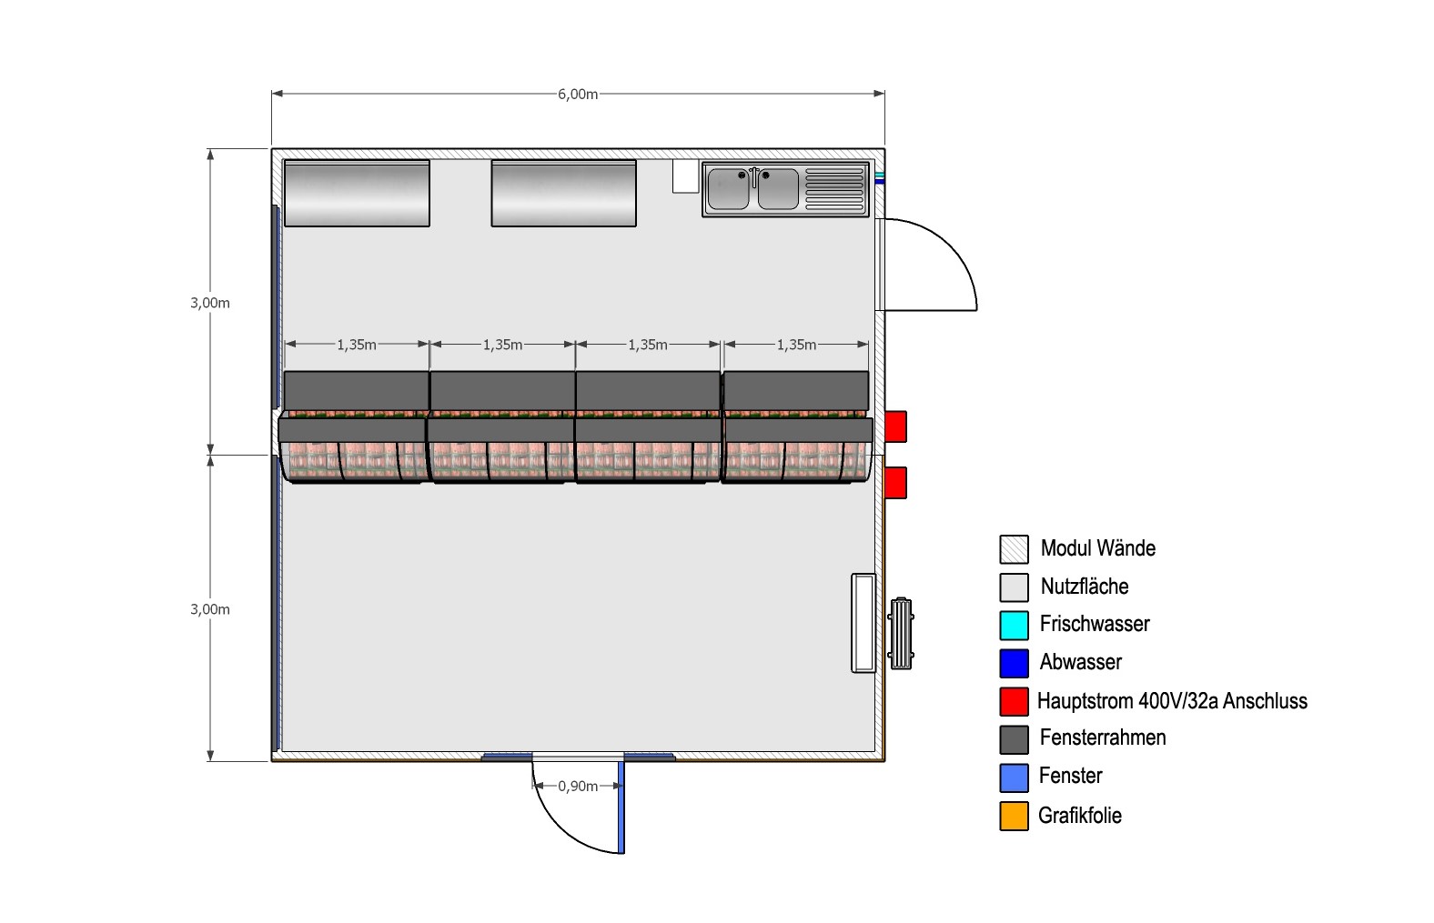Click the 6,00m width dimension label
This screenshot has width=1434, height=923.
pyautogui.click(x=578, y=95)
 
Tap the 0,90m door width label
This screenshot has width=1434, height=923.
pyautogui.click(x=578, y=786)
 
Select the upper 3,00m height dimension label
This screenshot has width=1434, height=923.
pyautogui.click(x=210, y=303)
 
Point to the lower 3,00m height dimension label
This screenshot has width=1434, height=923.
pyautogui.click(x=210, y=609)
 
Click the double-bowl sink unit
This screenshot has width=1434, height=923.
pyautogui.click(x=785, y=189)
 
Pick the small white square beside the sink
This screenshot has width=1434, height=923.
pyautogui.click(x=685, y=176)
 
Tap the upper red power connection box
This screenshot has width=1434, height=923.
pyautogui.click(x=895, y=426)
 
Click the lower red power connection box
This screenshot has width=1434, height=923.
pyautogui.click(x=895, y=483)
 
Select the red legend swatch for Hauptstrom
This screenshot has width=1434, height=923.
pyautogui.click(x=1014, y=701)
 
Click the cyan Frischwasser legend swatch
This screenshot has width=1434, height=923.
pyautogui.click(x=1014, y=626)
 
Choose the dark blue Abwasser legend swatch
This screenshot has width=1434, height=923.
pyautogui.click(x=1014, y=663)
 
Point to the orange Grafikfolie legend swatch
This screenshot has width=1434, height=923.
pyautogui.click(x=1014, y=817)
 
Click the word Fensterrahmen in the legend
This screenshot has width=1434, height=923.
pyautogui.click(x=1103, y=737)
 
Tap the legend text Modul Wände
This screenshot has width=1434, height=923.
pyautogui.click(x=1098, y=548)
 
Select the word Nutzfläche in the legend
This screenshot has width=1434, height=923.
pyautogui.click(x=1085, y=586)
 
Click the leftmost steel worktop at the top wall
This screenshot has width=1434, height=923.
pyautogui.click(x=357, y=193)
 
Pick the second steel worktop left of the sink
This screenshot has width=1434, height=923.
pyautogui.click(x=563, y=193)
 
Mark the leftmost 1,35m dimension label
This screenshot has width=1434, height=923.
pyautogui.click(x=357, y=346)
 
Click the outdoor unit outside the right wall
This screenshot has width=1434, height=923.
pyautogui.click(x=900, y=633)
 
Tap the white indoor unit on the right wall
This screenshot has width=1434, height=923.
pyautogui.click(x=863, y=623)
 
